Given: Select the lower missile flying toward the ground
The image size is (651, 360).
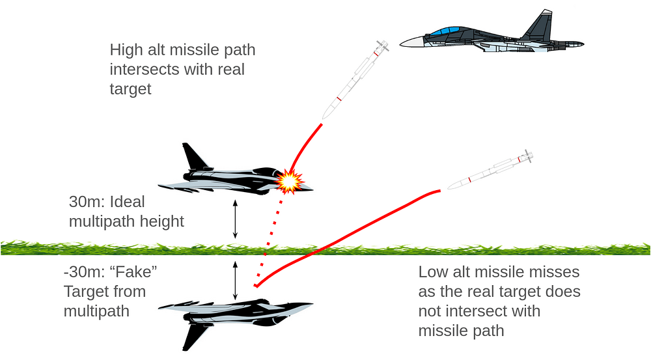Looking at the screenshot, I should point(488,171).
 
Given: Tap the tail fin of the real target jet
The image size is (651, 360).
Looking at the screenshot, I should point(193,156).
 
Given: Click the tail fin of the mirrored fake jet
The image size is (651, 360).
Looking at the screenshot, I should point(193,335).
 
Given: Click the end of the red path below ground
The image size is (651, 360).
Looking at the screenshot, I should point(256,285).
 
